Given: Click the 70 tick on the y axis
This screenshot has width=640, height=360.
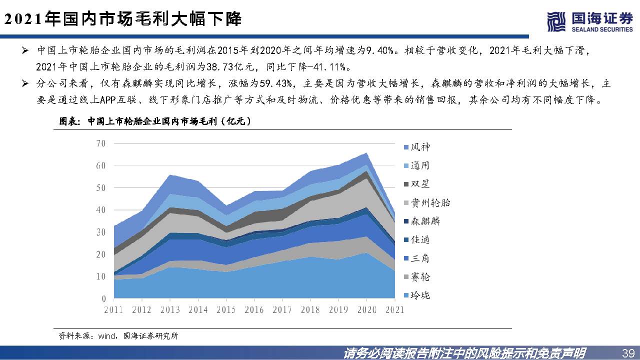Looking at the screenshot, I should (x=100, y=143).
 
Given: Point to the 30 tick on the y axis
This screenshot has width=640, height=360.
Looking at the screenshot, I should (x=100, y=232).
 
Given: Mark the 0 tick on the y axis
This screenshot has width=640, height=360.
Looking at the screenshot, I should (x=103, y=298).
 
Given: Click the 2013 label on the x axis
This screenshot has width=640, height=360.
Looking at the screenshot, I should (x=170, y=309).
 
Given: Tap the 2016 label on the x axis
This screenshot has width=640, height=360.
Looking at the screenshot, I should (x=254, y=309).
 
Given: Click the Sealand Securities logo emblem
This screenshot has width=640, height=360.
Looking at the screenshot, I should (x=556, y=21).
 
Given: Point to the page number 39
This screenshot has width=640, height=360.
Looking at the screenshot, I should (x=626, y=352).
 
